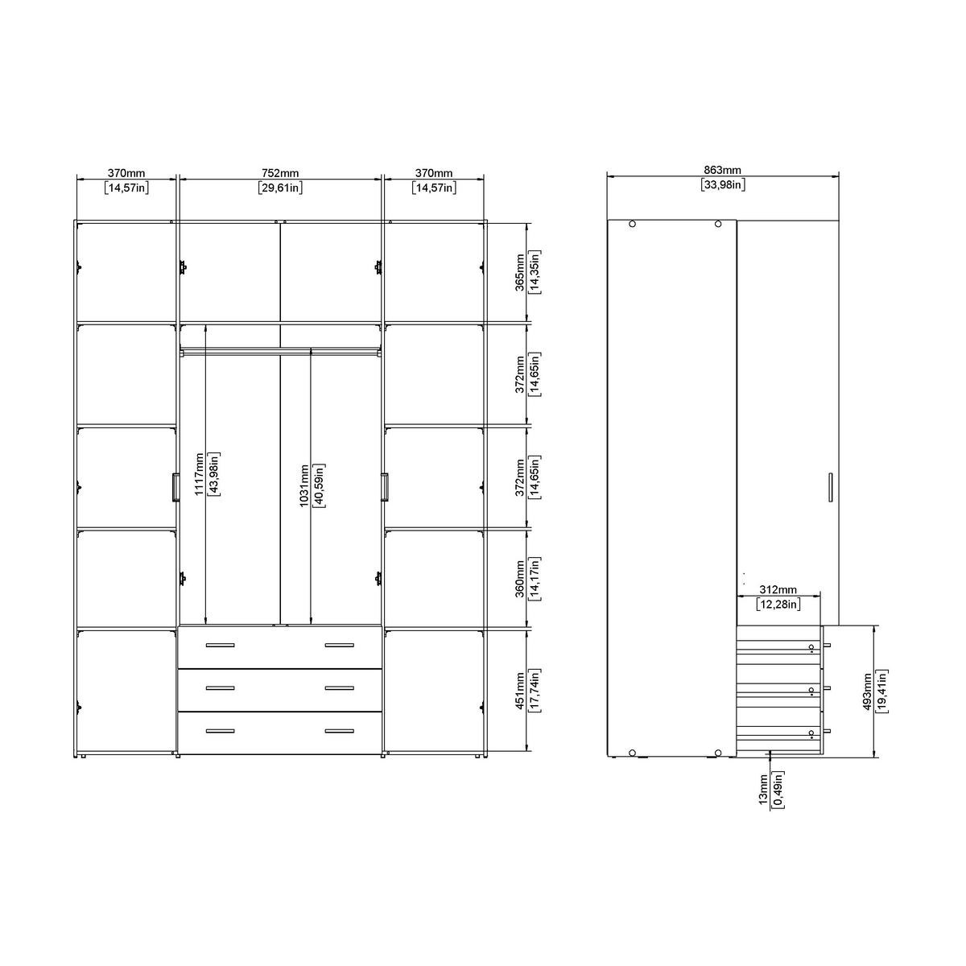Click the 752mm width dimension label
pos(280,173)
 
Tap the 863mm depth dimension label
pos(722,171)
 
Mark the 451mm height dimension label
pos(520,690)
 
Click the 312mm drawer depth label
pos(778,590)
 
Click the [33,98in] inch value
pos(722,185)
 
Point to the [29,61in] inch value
pos(280,188)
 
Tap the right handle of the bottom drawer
pos(339,731)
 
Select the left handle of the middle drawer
pos(220,687)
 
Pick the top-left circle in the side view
pos(632,225)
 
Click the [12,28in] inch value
pos(778,604)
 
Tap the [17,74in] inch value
pos(535,690)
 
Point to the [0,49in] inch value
pos(778,791)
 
